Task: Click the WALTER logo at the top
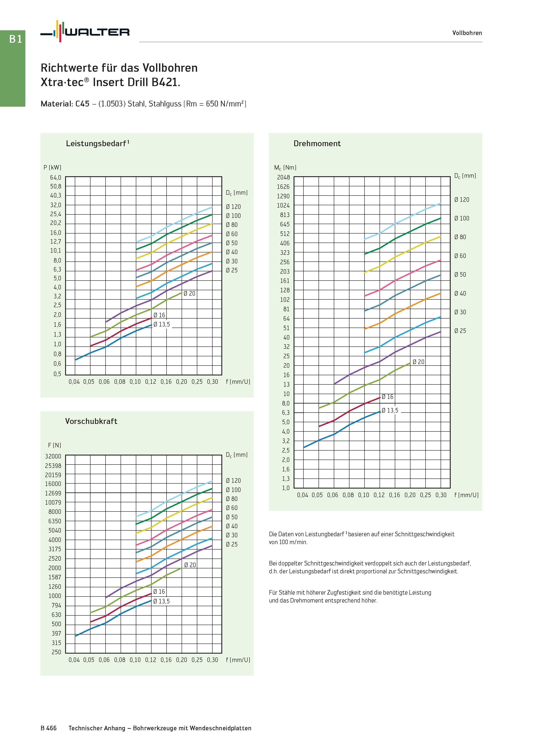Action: [x=85, y=32]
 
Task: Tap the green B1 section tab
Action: [x=13, y=68]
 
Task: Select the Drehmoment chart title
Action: [x=317, y=143]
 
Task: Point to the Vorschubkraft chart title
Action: [x=91, y=421]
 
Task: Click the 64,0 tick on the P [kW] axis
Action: [x=55, y=178]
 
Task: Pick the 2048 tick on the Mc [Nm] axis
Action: [x=284, y=178]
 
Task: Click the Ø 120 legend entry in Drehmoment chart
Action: [x=462, y=199]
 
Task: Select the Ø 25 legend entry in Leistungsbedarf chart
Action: [x=231, y=270]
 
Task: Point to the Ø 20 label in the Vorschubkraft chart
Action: [x=190, y=565]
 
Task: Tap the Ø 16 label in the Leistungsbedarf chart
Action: [x=159, y=315]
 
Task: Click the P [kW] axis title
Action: [x=52, y=167]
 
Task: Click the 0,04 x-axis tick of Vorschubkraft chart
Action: [x=74, y=660]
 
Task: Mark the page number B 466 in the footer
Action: [x=49, y=728]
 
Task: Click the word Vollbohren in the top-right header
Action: [x=467, y=33]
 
